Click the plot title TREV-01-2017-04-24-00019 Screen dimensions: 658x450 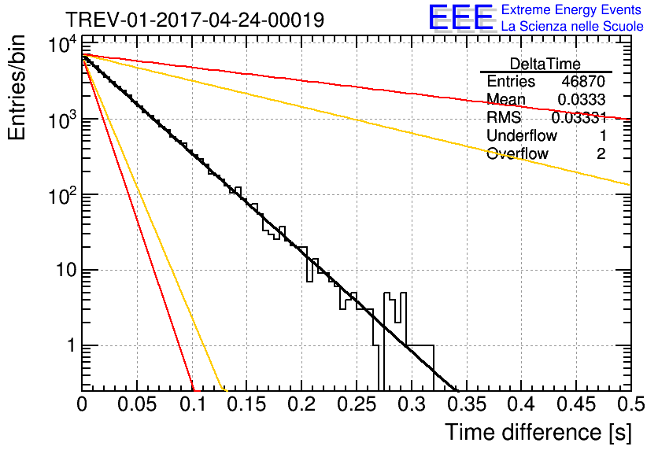(195, 20)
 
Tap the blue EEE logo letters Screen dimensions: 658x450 (461, 17)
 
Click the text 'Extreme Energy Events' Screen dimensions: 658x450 (571, 9)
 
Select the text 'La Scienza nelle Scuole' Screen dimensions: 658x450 (572, 26)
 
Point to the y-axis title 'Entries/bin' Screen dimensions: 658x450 (17, 87)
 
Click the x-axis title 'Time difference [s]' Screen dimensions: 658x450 (538, 432)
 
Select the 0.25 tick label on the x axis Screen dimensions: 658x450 (357, 404)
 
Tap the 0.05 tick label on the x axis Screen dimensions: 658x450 (137, 404)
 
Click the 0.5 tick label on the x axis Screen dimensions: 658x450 (630, 404)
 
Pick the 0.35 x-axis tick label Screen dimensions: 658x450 (466, 404)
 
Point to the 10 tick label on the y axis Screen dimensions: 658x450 (67, 270)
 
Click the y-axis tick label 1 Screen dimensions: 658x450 (72, 345)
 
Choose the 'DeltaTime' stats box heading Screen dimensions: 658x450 (545, 64)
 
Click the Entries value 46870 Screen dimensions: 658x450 (583, 81)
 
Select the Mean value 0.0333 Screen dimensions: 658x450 (581, 99)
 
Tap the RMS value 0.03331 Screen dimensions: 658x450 (579, 117)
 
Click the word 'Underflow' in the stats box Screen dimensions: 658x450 (522, 135)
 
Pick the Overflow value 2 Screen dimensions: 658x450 (601, 153)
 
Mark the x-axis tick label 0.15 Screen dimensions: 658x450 (246, 404)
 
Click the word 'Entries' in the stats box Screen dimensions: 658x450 (511, 81)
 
